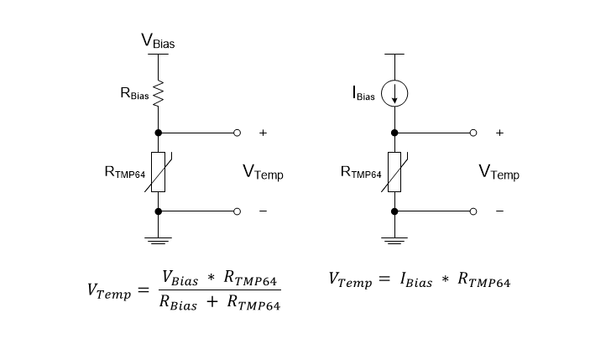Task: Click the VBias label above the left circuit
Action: click(158, 40)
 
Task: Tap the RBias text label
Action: click(134, 95)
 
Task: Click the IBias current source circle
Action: click(394, 93)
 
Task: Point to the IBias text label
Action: click(363, 93)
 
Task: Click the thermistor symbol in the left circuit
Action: click(158, 172)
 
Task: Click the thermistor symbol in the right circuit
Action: click(394, 172)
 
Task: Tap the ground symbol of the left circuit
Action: click(158, 240)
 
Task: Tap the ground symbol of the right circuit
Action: click(394, 240)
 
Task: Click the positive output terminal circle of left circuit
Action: click(237, 133)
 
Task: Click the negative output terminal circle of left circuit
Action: click(237, 211)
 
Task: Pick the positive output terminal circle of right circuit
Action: click(473, 133)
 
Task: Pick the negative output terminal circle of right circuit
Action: click(473, 211)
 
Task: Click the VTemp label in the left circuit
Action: click(263, 173)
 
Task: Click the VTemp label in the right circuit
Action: click(499, 173)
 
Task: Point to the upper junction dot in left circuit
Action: click(158, 133)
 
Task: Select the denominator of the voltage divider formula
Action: click(218, 305)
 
